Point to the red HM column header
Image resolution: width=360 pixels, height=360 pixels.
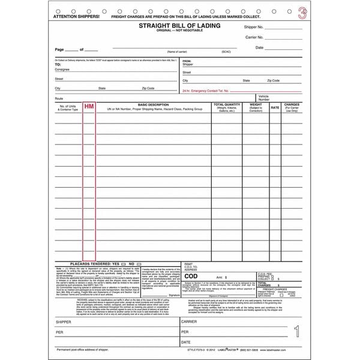89,107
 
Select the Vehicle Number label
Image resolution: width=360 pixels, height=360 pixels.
263,97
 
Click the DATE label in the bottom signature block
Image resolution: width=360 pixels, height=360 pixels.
187,341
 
